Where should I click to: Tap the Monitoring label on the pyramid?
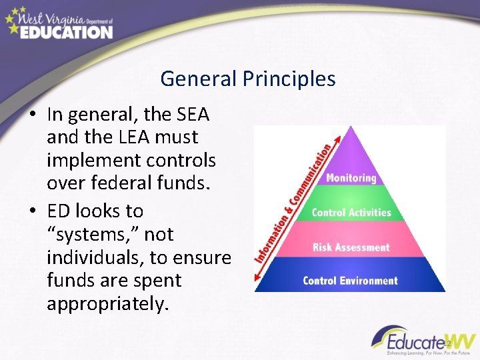(x=351, y=178)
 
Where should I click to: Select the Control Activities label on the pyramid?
(x=351, y=213)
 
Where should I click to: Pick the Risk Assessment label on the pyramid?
(x=351, y=247)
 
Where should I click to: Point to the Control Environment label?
(x=350, y=280)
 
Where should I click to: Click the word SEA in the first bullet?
(x=193, y=115)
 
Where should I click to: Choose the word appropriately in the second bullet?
(x=108, y=305)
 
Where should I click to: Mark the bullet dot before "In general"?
(x=32, y=115)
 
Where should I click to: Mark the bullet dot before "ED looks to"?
(x=32, y=211)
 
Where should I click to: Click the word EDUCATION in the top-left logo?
(x=67, y=32)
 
